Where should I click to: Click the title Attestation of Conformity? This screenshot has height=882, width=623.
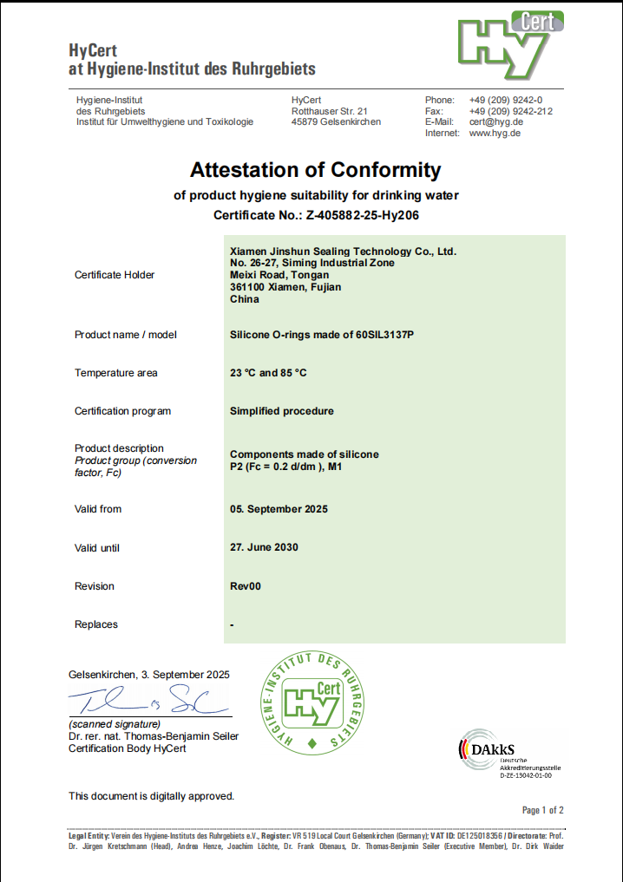coord(315,169)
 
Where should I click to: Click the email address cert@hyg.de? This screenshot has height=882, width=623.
coord(495,122)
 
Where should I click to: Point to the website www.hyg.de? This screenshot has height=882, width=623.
coord(495,134)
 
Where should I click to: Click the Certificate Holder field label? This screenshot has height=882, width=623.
coord(115,275)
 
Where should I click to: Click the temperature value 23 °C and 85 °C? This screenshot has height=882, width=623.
coord(268,373)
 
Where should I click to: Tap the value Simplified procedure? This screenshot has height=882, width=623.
coord(281,411)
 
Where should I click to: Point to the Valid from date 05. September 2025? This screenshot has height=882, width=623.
coord(279,509)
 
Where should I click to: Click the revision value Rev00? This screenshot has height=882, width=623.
coord(245,586)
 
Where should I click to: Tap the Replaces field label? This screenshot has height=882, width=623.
coord(96,624)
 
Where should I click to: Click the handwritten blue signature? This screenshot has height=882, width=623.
coord(148,699)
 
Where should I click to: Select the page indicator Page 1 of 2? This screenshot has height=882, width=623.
coord(543,810)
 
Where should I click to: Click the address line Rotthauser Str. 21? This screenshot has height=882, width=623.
coord(330,111)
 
